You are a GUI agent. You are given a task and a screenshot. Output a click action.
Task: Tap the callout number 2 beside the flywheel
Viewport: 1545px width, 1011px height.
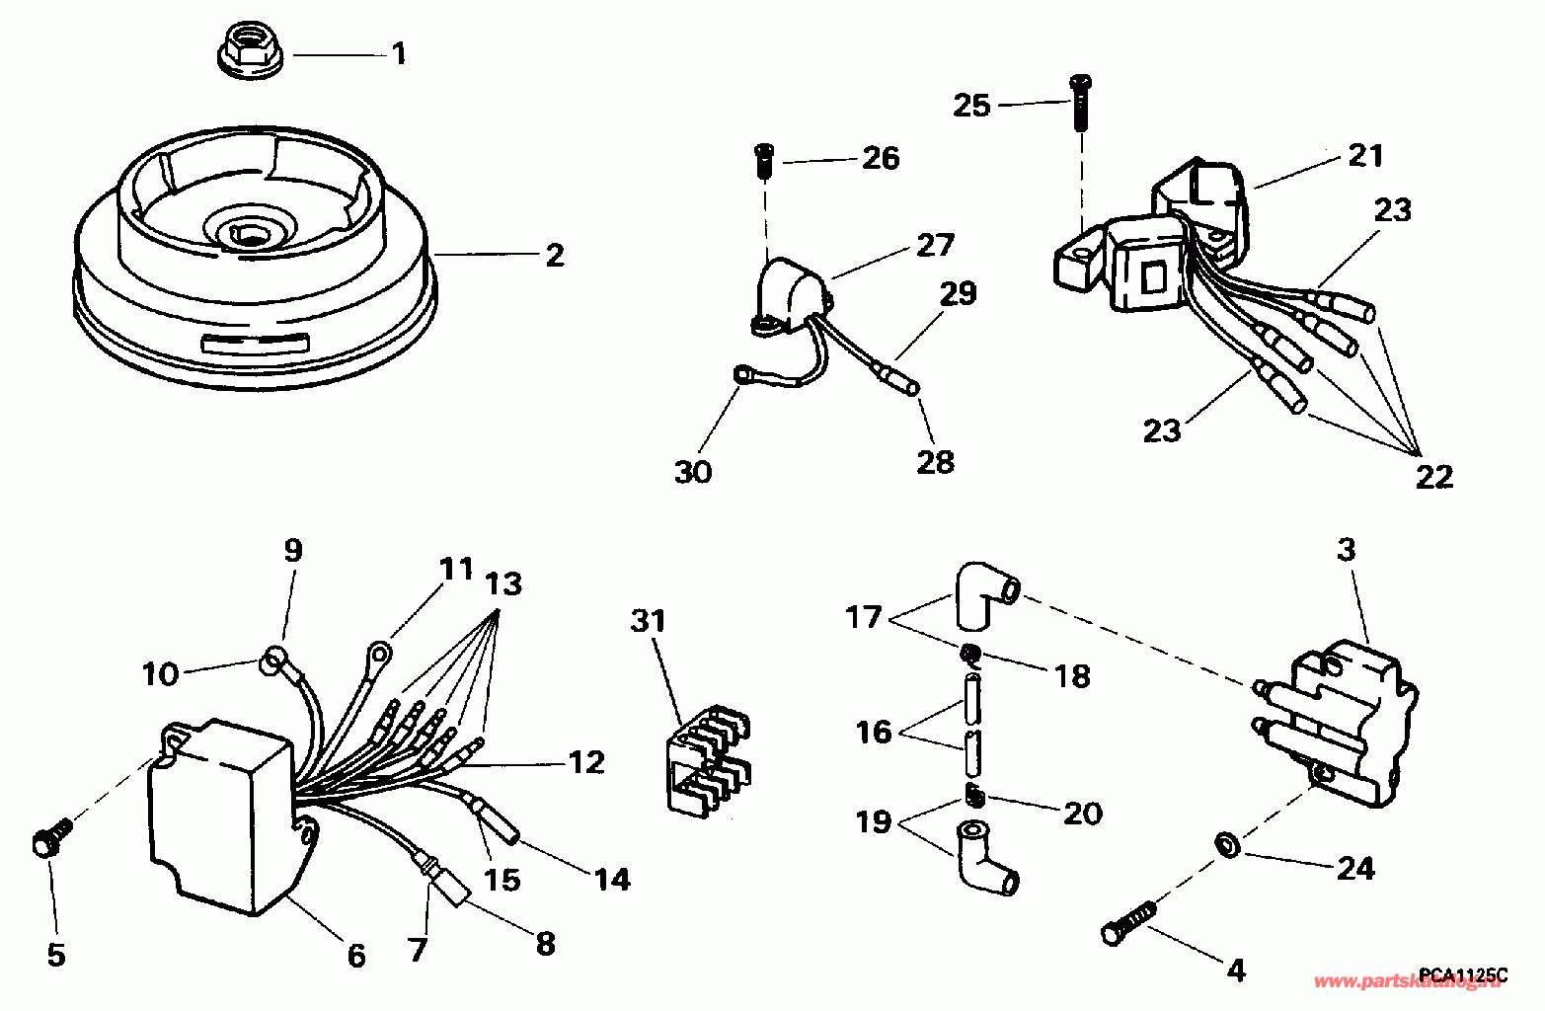point(555,255)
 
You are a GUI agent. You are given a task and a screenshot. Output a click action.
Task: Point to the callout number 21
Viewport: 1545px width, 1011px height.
point(1365,155)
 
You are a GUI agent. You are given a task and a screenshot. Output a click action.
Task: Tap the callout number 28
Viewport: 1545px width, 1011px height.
point(936,461)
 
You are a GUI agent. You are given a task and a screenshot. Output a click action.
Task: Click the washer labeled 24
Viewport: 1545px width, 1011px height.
point(1227,845)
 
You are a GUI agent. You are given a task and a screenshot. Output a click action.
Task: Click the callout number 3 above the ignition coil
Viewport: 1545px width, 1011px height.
point(1346,550)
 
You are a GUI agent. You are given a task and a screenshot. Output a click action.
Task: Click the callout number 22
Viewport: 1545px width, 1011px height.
point(1433,477)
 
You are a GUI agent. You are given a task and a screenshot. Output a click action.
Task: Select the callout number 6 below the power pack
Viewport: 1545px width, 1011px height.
point(355,955)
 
